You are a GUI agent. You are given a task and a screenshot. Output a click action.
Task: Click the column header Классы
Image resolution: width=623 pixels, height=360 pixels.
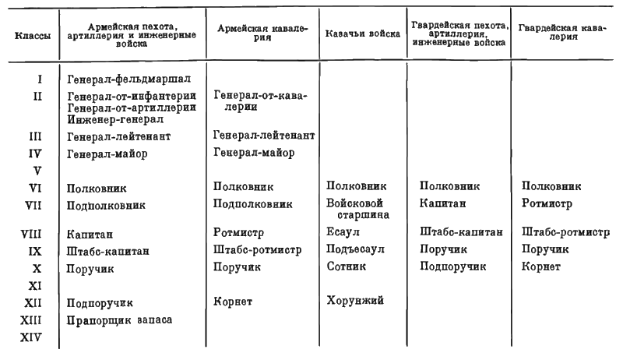click(x=33, y=36)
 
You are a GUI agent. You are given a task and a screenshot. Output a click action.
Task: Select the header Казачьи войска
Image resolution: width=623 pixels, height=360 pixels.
click(x=362, y=34)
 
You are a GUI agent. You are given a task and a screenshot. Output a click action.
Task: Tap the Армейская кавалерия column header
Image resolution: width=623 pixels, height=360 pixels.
click(x=262, y=33)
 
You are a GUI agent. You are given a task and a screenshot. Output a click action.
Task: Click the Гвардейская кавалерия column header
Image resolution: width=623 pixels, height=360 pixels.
click(x=562, y=32)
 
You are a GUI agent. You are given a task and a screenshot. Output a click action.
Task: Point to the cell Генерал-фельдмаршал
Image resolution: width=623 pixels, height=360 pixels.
click(x=128, y=79)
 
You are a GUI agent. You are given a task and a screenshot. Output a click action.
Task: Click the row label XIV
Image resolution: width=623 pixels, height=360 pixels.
click(x=30, y=337)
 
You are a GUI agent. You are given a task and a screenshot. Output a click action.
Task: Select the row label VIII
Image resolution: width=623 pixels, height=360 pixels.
click(x=30, y=234)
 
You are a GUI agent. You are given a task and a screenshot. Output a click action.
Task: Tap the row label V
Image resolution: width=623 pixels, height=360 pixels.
click(x=37, y=171)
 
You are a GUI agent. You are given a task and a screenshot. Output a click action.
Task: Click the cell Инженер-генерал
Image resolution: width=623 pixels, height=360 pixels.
click(x=115, y=119)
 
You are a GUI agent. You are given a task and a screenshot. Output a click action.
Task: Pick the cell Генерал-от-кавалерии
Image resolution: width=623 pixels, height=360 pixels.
click(x=260, y=101)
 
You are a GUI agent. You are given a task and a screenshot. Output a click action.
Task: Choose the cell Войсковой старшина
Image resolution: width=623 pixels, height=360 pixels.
click(x=357, y=209)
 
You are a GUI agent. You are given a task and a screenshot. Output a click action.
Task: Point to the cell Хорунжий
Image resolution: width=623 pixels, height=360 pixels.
click(x=355, y=301)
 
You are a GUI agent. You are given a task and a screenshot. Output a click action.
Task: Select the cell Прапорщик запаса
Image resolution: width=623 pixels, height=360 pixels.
click(x=119, y=320)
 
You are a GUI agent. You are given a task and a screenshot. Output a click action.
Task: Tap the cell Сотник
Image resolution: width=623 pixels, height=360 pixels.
click(x=346, y=266)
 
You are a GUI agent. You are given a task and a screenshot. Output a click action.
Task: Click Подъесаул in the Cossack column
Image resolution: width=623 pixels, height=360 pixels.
click(x=355, y=249)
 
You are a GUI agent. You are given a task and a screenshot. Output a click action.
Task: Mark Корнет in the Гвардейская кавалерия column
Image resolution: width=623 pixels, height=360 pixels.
click(x=540, y=266)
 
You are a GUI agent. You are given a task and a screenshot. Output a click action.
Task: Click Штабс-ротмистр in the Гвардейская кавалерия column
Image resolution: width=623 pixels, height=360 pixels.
click(x=565, y=232)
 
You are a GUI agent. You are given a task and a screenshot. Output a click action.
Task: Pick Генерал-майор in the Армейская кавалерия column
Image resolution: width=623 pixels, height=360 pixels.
click(x=254, y=153)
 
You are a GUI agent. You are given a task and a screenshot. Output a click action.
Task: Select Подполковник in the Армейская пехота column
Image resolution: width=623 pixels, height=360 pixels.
click(x=106, y=206)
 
